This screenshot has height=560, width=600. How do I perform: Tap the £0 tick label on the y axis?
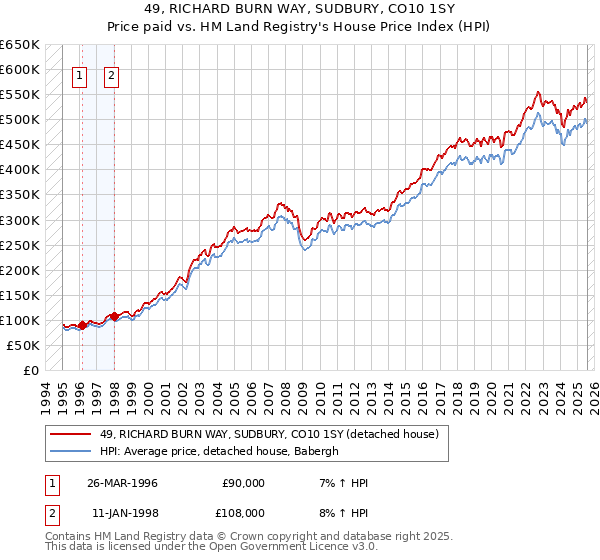31,370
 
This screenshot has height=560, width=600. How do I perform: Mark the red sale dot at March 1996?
82,324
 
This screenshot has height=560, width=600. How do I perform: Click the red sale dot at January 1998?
114,316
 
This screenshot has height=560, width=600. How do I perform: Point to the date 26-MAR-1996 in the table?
121,483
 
